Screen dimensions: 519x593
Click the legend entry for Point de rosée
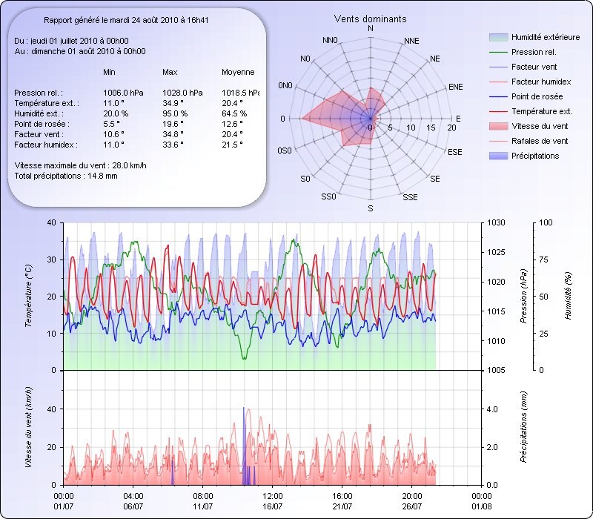pyautogui.click(x=537, y=96)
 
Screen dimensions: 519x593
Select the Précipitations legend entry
pyautogui.click(x=534, y=156)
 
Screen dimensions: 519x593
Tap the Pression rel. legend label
pyautogui.click(x=534, y=52)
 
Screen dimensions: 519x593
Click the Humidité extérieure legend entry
pyautogui.click(x=546, y=37)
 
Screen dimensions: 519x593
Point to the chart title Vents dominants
pyautogui.click(x=370, y=19)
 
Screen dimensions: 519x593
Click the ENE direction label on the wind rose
pyautogui.click(x=456, y=87)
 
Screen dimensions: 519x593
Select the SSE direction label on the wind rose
pyautogui.click(x=410, y=197)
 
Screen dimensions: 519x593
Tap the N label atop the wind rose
pyautogui.click(x=371, y=28)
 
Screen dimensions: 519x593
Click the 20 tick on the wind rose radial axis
pyautogui.click(x=451, y=128)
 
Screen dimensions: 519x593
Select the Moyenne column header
pyautogui.click(x=238, y=72)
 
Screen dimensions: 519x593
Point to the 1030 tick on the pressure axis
pyautogui.click(x=496, y=222)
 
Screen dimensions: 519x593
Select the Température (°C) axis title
pyautogui.click(x=29, y=297)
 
